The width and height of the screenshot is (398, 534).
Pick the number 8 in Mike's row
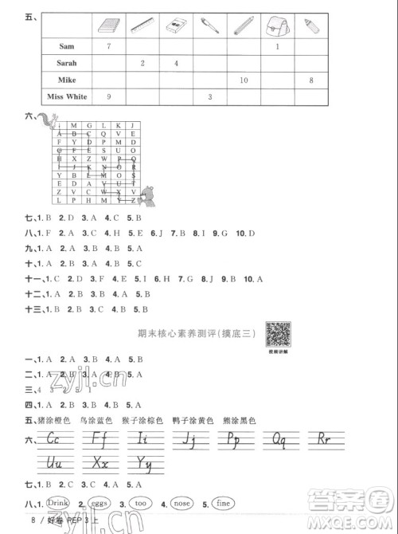[x=310, y=80]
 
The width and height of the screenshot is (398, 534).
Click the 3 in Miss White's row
[x=209, y=96]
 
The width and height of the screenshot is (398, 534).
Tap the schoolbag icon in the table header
[x=277, y=27]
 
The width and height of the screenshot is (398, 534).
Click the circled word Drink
[x=59, y=504]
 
